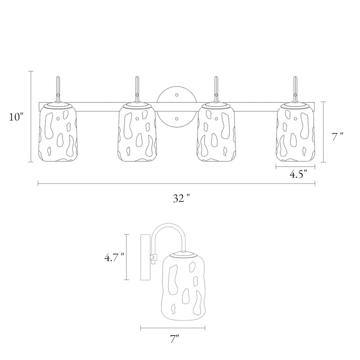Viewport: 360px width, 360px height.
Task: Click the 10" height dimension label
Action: pyautogui.click(x=16, y=117)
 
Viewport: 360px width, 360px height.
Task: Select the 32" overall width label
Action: pyautogui.click(x=182, y=198)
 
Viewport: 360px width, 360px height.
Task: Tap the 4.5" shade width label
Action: pyautogui.click(x=298, y=174)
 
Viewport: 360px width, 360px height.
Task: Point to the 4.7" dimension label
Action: pyautogui.click(x=114, y=258)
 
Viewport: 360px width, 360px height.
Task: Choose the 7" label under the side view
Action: pyautogui.click(x=175, y=339)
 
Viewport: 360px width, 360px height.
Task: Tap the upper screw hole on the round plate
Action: pyautogui.click(x=177, y=95)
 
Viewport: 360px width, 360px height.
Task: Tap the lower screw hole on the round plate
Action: pyautogui.click(x=177, y=119)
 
